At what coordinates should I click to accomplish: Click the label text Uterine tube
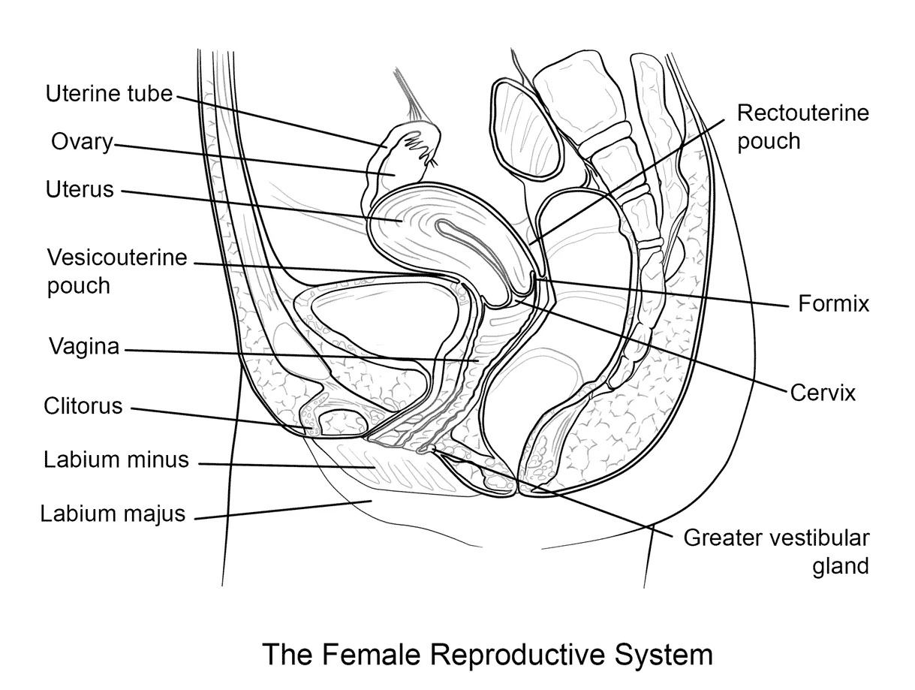[109, 94]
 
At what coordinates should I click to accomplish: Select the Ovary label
[82, 141]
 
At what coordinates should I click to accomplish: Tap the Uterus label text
[80, 189]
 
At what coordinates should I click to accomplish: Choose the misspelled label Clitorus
[83, 406]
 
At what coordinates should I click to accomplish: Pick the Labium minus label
[116, 459]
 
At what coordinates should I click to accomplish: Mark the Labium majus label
[113, 514]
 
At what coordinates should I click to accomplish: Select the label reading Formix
[833, 304]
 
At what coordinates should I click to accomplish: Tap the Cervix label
[823, 392]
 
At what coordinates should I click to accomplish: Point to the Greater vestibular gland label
[776, 551]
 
